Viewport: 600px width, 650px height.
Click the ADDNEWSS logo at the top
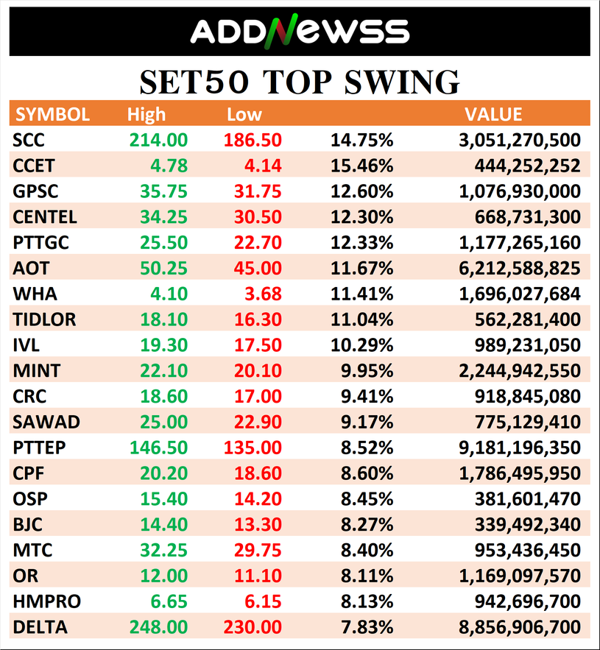coord(299,31)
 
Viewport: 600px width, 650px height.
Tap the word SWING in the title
coord(398,82)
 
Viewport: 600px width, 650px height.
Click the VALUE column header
coord(493,115)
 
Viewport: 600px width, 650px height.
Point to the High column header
coord(147,115)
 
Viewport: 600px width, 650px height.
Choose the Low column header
coord(244,115)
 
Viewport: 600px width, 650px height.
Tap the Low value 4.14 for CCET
coord(263,166)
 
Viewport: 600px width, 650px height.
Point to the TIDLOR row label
coord(45,319)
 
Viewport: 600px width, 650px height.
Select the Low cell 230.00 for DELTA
coord(252,627)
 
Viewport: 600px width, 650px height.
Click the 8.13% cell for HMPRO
coord(368,601)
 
